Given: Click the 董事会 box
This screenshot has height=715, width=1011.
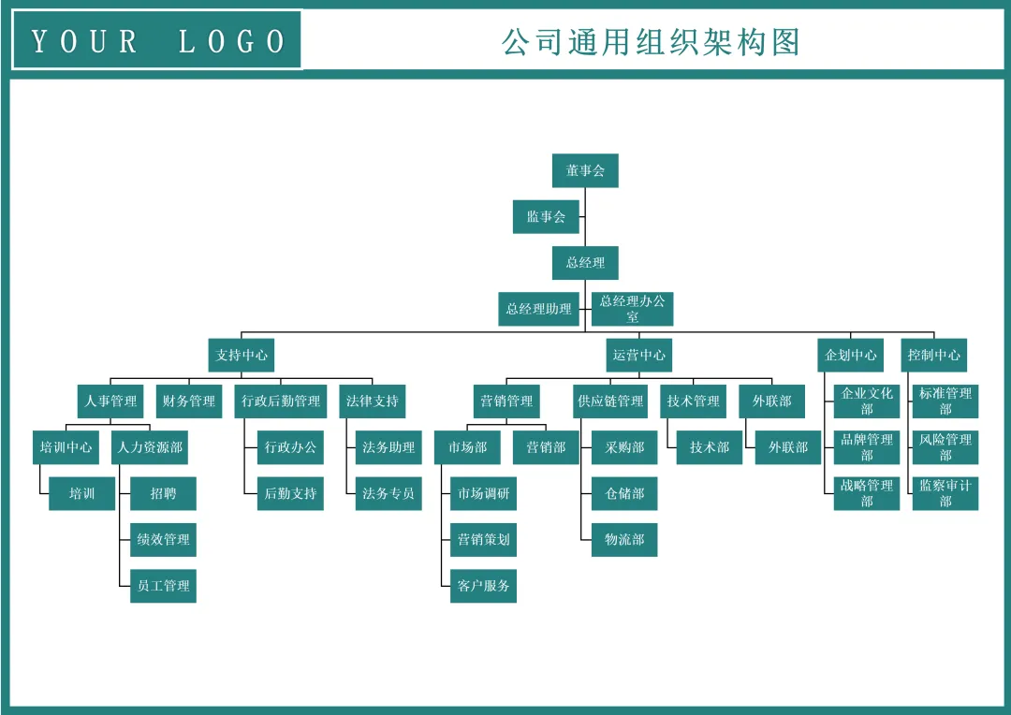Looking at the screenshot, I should tap(585, 170).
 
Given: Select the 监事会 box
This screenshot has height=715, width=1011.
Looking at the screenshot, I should tap(546, 216).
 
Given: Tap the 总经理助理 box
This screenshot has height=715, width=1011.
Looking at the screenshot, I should tap(538, 309).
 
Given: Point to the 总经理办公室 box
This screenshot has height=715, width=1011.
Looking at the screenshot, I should tap(633, 309).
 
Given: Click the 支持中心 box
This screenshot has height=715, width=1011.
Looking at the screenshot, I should tap(242, 355).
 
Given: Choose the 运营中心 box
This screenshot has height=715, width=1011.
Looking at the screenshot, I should tap(639, 355).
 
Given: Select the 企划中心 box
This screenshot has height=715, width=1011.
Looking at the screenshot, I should tap(851, 355).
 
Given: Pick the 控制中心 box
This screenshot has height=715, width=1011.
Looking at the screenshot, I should tap(933, 355).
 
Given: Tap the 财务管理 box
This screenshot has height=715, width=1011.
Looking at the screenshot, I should tap(188, 401).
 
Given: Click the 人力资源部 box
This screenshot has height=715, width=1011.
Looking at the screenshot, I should tap(150, 447).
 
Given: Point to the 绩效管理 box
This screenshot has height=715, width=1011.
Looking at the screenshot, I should tap(163, 539).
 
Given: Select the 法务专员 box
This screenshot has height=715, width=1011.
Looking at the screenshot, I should tap(388, 493).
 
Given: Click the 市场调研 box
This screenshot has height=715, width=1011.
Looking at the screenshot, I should tap(483, 493).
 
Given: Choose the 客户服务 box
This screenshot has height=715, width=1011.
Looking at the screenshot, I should tap(483, 586).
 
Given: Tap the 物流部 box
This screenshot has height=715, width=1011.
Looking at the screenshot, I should tap(624, 539).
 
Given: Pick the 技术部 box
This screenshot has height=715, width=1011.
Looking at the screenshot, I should tap(710, 447).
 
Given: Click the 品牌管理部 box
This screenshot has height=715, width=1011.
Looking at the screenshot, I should tap(867, 447).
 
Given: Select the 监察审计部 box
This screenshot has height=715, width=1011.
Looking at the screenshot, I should tap(945, 493).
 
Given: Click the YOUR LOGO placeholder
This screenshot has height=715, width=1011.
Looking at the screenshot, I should tap(157, 41).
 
